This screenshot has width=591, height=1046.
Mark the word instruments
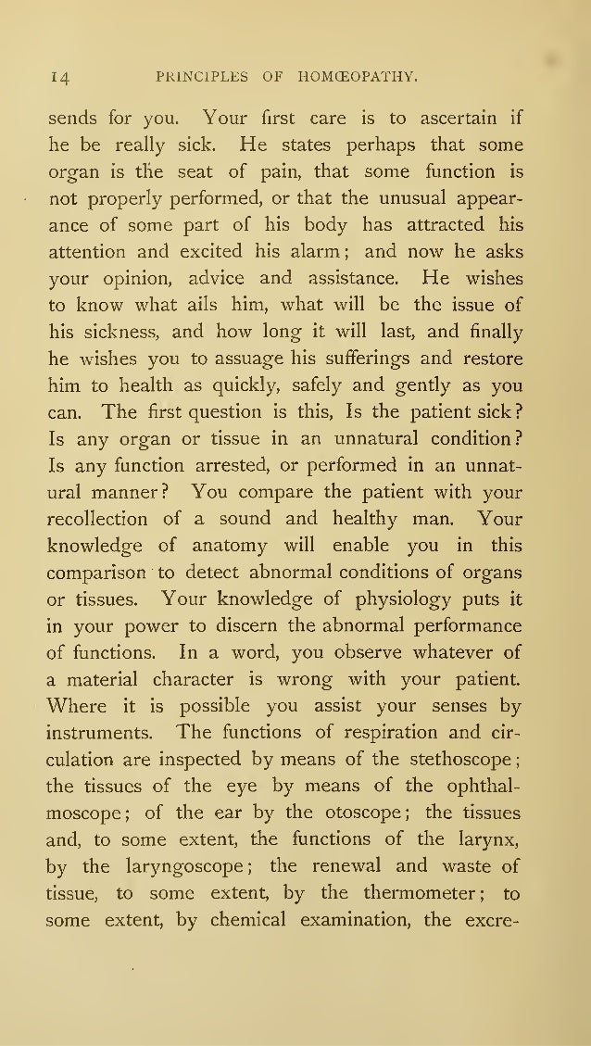point(107,731)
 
